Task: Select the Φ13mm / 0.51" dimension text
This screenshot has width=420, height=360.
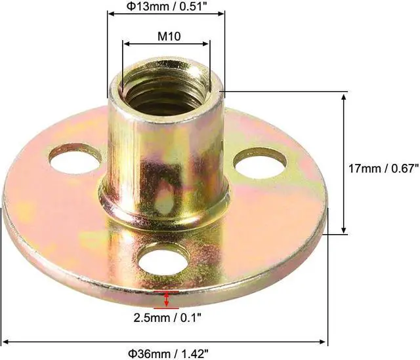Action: (166, 7)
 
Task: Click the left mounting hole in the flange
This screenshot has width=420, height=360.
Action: (74, 158)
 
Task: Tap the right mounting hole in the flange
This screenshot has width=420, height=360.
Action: (260, 163)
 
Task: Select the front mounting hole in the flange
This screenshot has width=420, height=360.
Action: (163, 259)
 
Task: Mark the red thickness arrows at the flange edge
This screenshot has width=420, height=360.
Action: (167, 299)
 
